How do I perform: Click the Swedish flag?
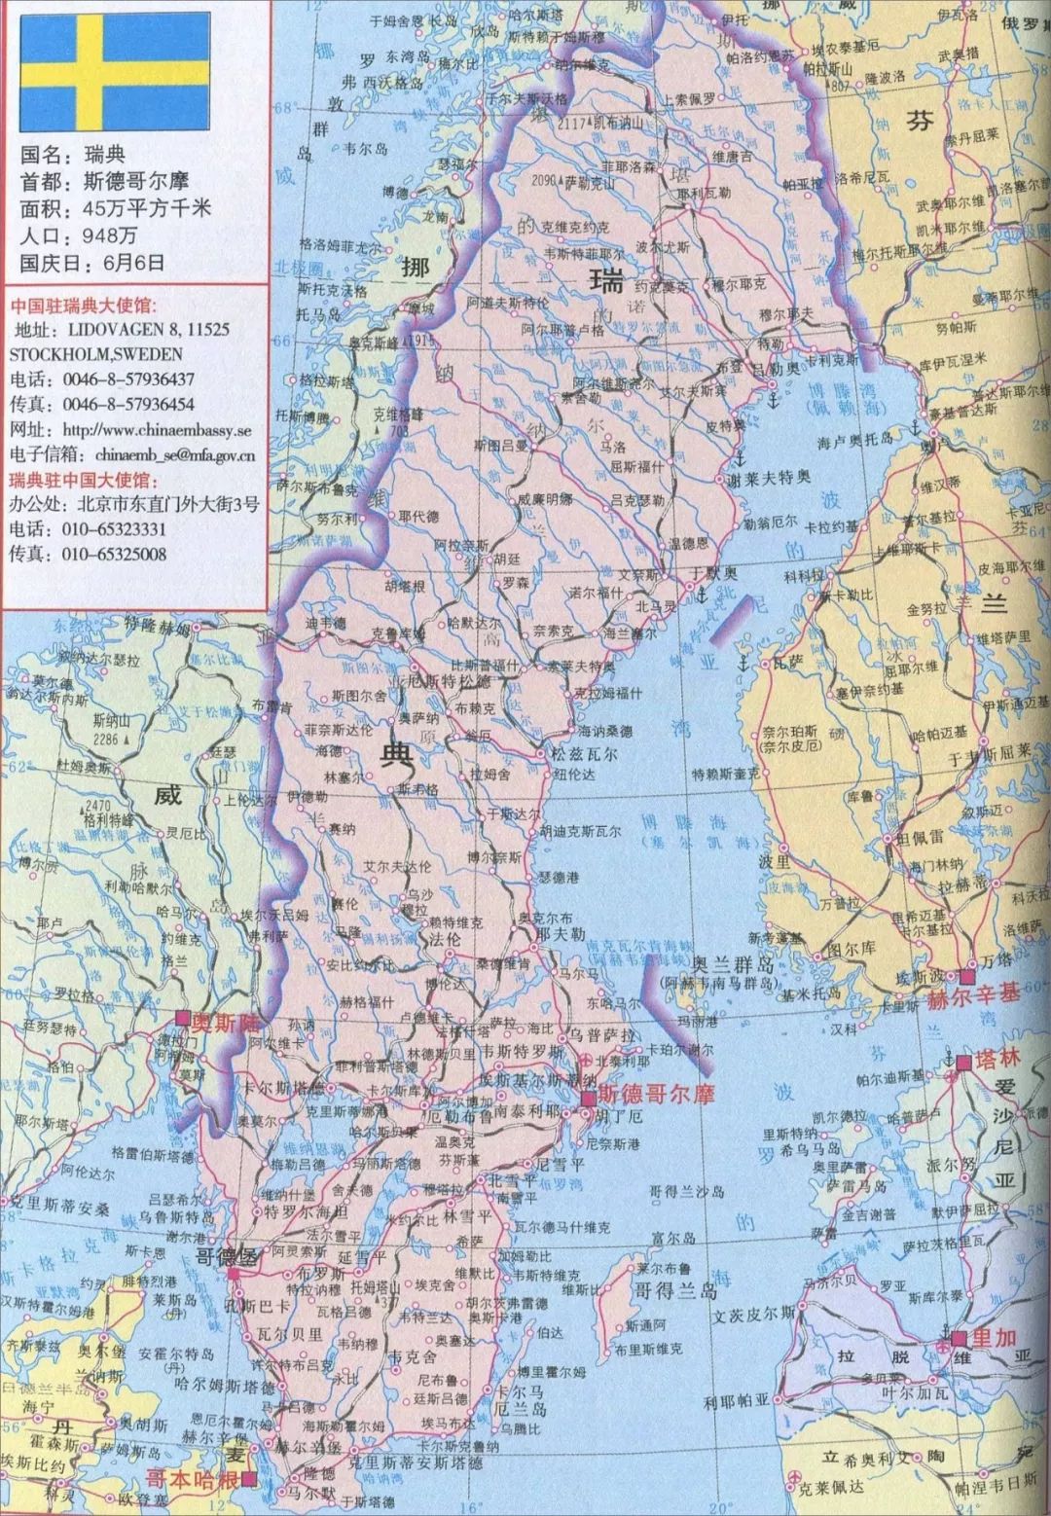[x=115, y=71]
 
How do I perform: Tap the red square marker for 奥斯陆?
[x=182, y=1018]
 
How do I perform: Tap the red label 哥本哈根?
[x=192, y=1479]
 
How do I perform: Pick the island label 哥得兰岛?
[x=675, y=1291]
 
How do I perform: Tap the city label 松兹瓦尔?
[x=584, y=754]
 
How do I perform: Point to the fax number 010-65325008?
[x=114, y=554]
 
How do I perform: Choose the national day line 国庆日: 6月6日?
[x=92, y=262]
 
